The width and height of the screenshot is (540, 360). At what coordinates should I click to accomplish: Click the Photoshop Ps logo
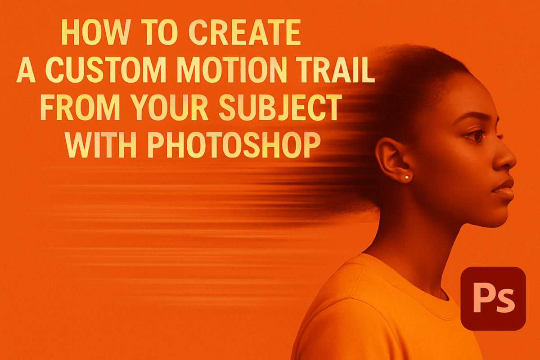(x=493, y=298)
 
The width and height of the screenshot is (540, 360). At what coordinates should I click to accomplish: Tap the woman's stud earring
(x=407, y=177)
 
